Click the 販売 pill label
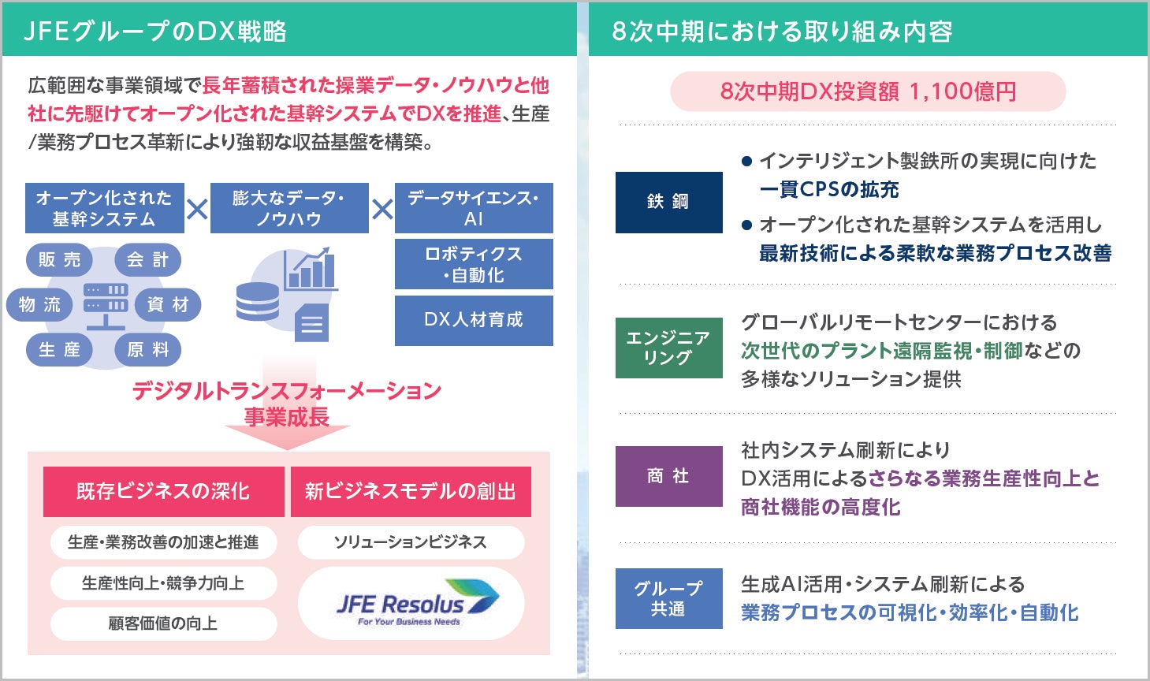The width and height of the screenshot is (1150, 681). pyautogui.click(x=60, y=259)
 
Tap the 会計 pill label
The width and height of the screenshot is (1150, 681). pyautogui.click(x=147, y=259)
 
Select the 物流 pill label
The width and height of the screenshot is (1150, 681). pyautogui.click(x=39, y=304)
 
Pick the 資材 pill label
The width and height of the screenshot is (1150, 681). pyautogui.click(x=168, y=304)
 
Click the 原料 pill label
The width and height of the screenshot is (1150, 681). pyautogui.click(x=147, y=349)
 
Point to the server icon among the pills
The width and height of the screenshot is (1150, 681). pyautogui.click(x=106, y=304)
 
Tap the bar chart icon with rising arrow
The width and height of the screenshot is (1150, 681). pyautogui.click(x=311, y=269)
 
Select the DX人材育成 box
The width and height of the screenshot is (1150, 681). pyautogui.click(x=474, y=320)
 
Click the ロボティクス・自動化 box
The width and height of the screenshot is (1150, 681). pyautogui.click(x=474, y=264)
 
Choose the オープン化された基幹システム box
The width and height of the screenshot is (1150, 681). pyautogui.click(x=104, y=208)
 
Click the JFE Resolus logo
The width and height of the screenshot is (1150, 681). pyautogui.click(x=411, y=604)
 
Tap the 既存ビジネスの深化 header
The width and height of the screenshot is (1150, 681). pyautogui.click(x=163, y=491)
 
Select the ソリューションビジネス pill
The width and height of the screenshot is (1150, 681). pyautogui.click(x=411, y=542)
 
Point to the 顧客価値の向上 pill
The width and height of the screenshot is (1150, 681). pyautogui.click(x=163, y=623)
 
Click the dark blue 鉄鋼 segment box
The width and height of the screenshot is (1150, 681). pyautogui.click(x=668, y=202)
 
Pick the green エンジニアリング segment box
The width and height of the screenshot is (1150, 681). pyautogui.click(x=668, y=348)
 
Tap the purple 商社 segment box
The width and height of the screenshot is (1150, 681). pyautogui.click(x=668, y=476)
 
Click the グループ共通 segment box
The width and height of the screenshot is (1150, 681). pyautogui.click(x=668, y=598)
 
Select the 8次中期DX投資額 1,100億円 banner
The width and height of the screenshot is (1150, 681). pyautogui.click(x=868, y=91)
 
